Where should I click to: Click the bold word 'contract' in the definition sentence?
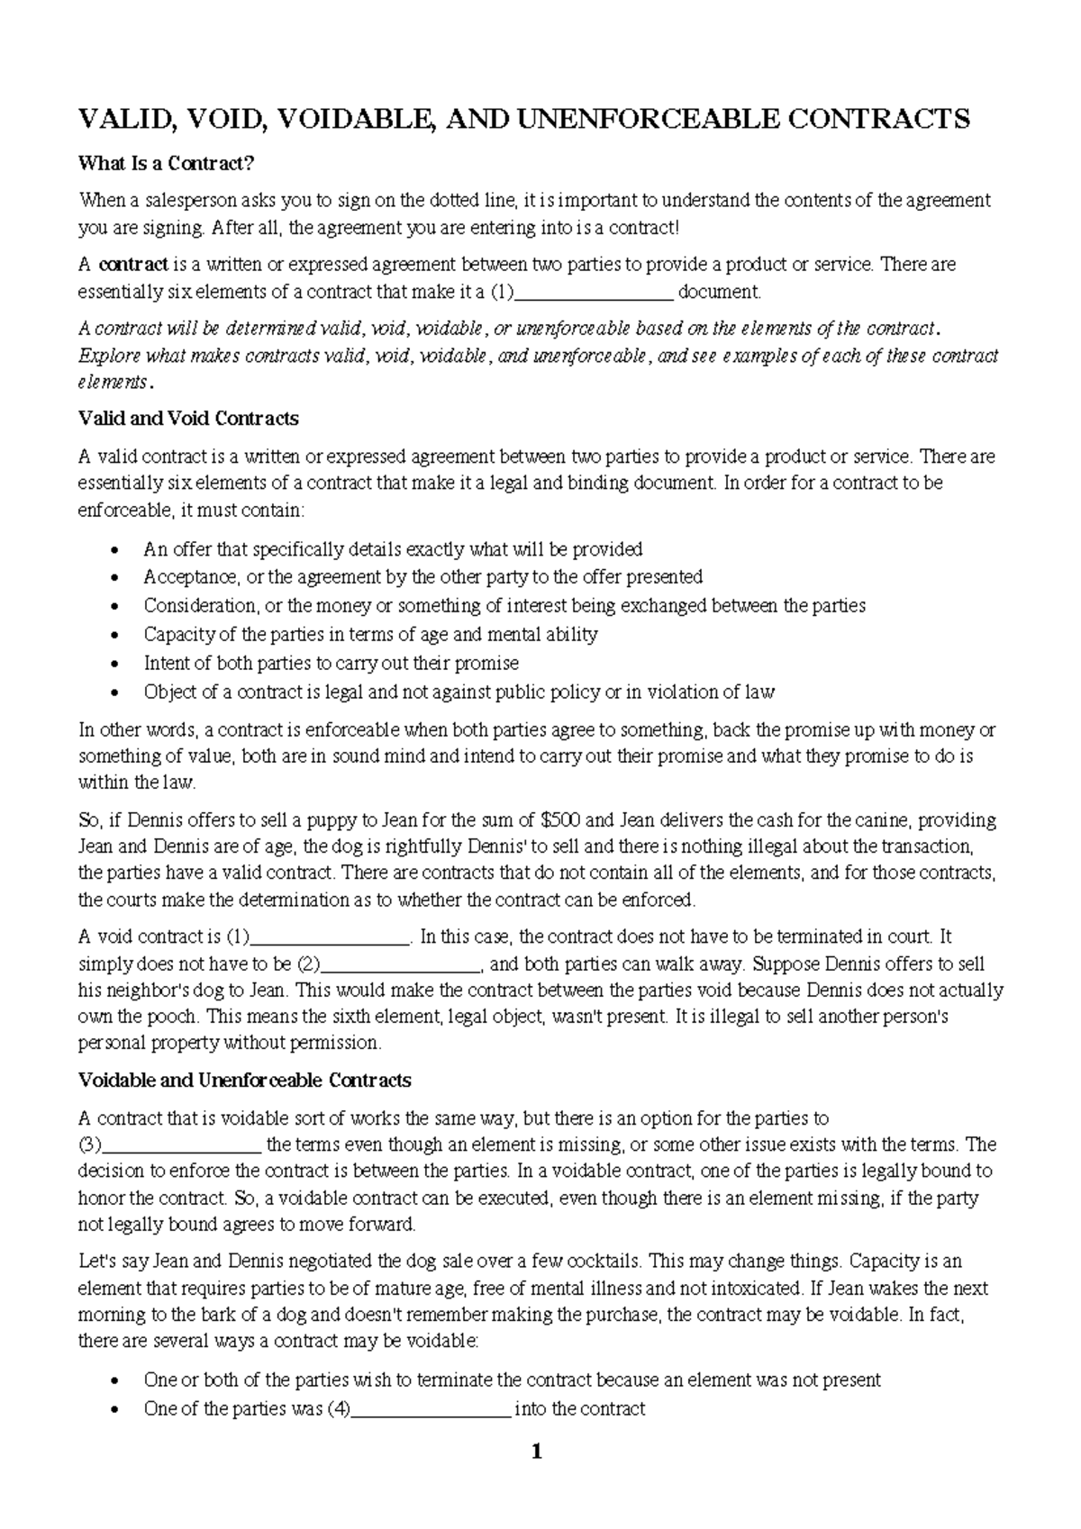[133, 265]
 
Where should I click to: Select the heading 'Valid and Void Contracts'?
[188, 419]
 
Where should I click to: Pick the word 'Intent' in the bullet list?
[167, 663]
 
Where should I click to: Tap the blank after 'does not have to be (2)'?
[401, 964]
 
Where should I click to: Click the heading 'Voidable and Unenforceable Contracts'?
[244, 1080]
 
